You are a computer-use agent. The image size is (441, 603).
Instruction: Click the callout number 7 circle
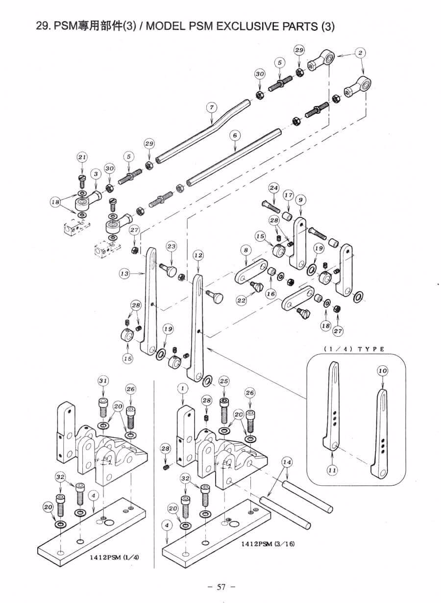(x=211, y=107)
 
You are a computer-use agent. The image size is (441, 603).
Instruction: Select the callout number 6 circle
(x=235, y=134)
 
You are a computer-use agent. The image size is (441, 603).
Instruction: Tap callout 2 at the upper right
(x=361, y=52)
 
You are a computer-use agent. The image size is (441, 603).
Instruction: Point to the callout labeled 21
(x=82, y=157)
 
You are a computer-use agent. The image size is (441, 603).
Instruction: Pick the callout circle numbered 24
(x=273, y=188)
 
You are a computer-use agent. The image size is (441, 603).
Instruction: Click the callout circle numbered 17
(x=288, y=195)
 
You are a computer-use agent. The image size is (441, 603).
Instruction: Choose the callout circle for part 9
(x=300, y=199)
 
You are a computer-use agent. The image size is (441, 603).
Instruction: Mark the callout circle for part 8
(x=246, y=250)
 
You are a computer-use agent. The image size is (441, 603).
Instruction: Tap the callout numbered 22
(x=242, y=301)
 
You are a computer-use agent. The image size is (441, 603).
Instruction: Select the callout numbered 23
(x=171, y=246)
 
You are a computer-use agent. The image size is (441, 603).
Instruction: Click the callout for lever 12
(x=198, y=255)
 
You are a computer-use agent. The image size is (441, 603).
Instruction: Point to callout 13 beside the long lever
(x=124, y=274)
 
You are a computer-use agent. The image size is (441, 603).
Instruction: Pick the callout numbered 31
(x=103, y=380)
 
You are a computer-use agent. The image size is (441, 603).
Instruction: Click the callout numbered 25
(x=224, y=380)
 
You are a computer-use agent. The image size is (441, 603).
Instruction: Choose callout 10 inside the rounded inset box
(x=382, y=371)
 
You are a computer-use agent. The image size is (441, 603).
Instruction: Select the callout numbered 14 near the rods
(x=287, y=462)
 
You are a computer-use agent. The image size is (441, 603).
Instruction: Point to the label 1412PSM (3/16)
(x=267, y=544)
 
